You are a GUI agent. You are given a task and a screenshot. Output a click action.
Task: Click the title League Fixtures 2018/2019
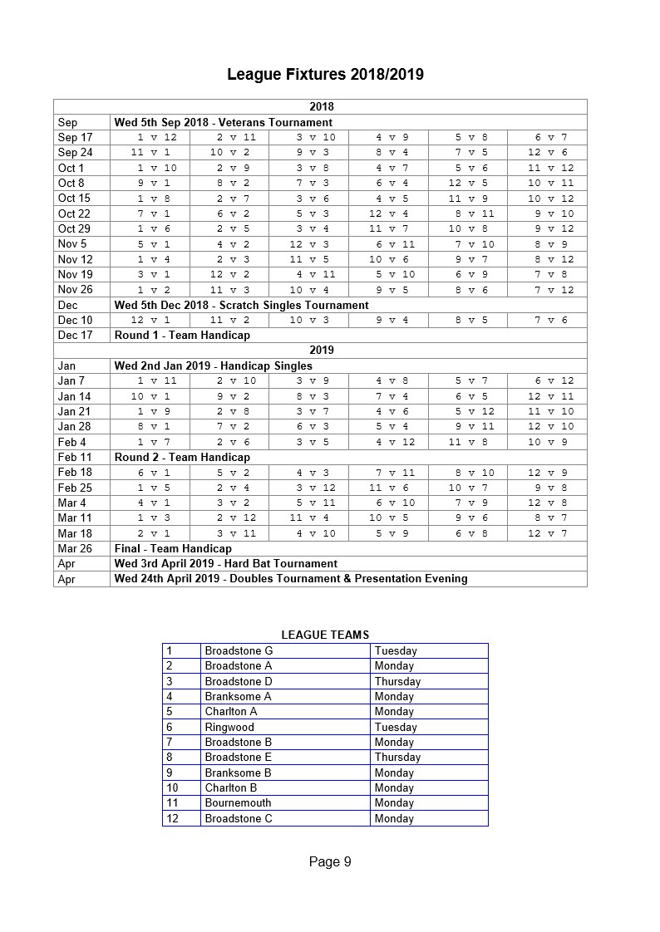pos(325,75)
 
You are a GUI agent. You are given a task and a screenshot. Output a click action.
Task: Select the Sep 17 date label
pos(75,137)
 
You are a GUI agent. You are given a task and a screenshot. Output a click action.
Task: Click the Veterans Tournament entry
pos(223,122)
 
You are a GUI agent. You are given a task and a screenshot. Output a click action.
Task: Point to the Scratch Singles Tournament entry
pos(241,305)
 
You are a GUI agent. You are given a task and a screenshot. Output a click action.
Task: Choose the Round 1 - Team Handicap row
pos(182,336)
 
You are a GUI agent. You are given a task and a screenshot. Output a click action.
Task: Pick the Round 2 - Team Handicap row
pos(182,457)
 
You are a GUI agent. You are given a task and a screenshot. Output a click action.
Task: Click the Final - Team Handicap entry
pos(173,548)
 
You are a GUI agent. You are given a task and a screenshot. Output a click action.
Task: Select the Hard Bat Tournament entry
pos(225,563)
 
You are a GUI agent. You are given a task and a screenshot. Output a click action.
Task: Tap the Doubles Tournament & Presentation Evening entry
pos(291,578)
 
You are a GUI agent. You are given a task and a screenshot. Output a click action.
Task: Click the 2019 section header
pos(321,351)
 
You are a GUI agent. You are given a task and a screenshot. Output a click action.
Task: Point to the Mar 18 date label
pos(75,533)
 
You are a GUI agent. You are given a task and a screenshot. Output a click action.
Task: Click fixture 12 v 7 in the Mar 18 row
pos(546,533)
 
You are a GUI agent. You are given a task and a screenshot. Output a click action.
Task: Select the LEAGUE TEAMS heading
pos(325,635)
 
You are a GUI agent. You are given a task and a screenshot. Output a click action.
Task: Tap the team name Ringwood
pos(229,727)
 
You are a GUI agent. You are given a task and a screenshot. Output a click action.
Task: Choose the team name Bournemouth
pos(238,803)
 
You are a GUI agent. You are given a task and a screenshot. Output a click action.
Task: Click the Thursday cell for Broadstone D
pos(397,681)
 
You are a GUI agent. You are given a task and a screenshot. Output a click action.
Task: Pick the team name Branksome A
pos(238,696)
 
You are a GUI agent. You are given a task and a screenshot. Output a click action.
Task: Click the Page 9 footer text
pos(330,861)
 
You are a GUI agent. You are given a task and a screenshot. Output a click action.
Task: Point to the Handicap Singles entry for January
pos(213,365)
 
